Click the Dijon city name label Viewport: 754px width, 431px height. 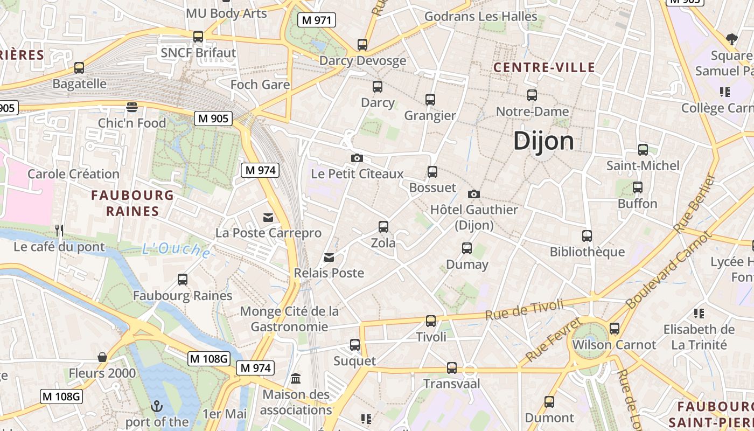(544, 141)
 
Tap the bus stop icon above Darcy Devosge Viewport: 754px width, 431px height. (362, 44)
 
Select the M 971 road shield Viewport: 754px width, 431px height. (317, 20)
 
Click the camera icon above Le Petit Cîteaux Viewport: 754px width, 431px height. (357, 158)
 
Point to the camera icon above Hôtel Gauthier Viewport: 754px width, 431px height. (474, 194)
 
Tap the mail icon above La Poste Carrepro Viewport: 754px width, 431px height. (268, 217)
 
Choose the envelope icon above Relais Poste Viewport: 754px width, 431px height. (329, 258)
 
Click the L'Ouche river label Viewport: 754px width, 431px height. (176, 249)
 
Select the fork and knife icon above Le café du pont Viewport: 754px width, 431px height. (59, 231)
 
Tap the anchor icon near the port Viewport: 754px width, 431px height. (157, 406)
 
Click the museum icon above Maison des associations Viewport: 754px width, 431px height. (296, 379)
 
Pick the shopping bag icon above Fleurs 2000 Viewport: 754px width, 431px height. (102, 357)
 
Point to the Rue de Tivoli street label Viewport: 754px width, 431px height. (524, 309)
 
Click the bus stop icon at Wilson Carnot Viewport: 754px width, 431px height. (615, 328)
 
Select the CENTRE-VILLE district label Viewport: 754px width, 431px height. (544, 67)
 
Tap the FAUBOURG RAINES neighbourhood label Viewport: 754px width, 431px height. (132, 203)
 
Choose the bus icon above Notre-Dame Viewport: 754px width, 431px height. (532, 95)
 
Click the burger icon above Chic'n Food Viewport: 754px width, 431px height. (132, 107)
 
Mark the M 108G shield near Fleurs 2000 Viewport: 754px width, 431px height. (209, 358)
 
